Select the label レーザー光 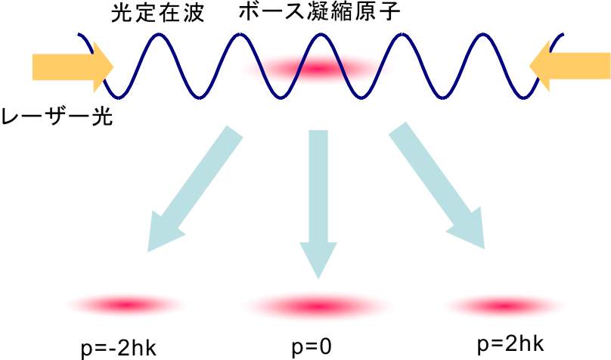57,116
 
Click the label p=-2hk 119,349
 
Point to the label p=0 312,347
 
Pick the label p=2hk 510,345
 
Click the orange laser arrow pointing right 73,67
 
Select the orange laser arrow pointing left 569,67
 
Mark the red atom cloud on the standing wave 318,69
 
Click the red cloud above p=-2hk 128,304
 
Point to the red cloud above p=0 318,306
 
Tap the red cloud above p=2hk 504,306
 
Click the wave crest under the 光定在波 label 158,35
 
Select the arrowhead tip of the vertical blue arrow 318,279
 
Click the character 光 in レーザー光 103,116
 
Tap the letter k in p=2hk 538,343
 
